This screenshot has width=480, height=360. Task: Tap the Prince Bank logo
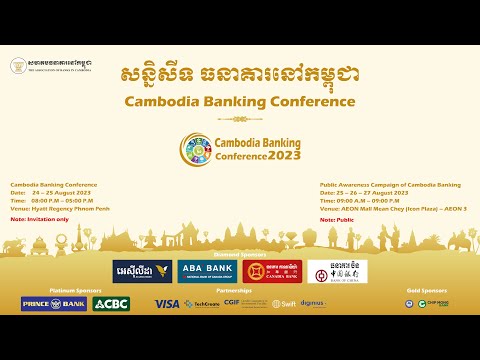coord(53,303)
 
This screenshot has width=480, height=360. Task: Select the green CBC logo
coord(111,303)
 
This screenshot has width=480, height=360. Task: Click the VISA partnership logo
coord(167,303)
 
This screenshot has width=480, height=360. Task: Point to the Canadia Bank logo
coord(272,271)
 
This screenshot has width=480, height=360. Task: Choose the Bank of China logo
coord(334,271)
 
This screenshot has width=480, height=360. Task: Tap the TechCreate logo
coord(201,303)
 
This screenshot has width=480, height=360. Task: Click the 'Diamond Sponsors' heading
coord(240,254)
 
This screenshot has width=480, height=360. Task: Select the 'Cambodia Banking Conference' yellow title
coord(240,102)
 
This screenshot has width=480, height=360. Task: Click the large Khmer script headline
coord(240,74)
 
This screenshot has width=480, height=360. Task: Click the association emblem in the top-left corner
coord(18,65)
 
